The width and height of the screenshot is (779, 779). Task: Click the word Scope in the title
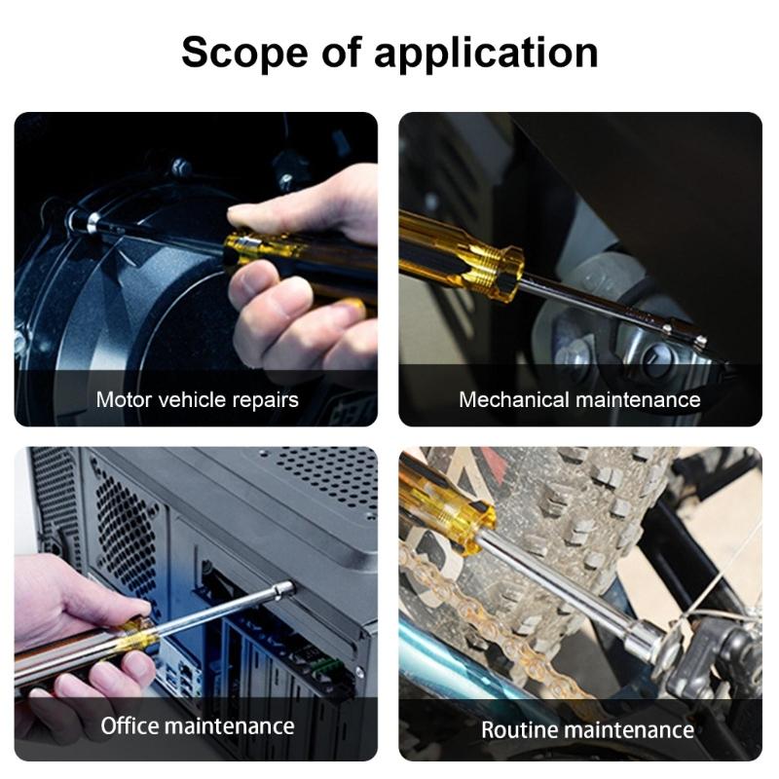point(244,52)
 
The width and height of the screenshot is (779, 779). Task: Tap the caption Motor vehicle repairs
point(197,399)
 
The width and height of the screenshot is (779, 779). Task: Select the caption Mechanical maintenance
point(579,399)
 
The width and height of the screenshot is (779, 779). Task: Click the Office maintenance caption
point(197,725)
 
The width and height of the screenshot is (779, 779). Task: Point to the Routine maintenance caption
point(587,729)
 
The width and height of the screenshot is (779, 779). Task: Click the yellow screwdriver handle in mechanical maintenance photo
point(458,256)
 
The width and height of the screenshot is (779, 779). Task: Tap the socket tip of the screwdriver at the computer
point(283,589)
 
